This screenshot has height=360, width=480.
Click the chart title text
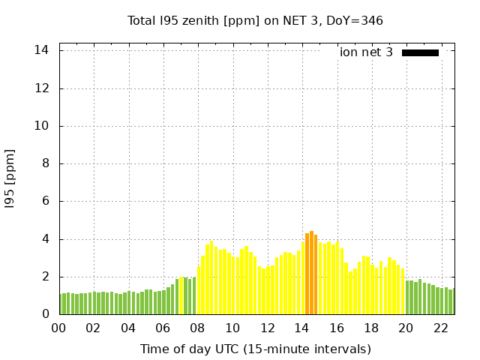click(255, 20)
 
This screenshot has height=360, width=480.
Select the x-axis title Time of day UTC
click(255, 349)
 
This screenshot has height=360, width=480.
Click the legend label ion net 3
click(366, 52)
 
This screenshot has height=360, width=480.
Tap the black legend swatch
click(420, 52)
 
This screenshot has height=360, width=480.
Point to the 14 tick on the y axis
click(42, 50)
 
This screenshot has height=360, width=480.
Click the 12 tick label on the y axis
click(42, 88)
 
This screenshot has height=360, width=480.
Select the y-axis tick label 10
click(42, 126)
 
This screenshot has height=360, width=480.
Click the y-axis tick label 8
click(45, 163)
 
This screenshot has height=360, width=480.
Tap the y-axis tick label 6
click(45, 201)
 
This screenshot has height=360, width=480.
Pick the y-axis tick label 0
click(45, 314)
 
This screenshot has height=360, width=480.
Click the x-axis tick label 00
click(58, 328)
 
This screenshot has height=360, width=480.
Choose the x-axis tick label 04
click(128, 328)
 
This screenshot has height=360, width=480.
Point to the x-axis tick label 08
click(197, 328)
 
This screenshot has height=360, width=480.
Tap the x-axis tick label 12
click(267, 328)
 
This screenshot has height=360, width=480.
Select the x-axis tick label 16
click(337, 328)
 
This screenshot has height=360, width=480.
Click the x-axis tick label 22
click(441, 328)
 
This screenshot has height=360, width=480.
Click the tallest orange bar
click(311, 273)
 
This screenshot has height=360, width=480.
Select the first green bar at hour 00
click(62, 304)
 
